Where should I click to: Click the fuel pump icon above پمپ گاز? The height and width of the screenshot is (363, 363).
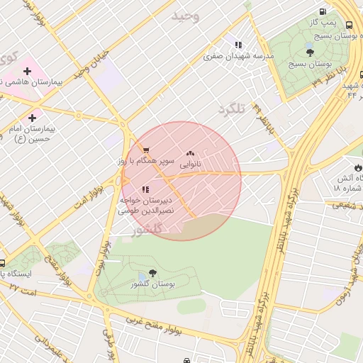pos(323,12)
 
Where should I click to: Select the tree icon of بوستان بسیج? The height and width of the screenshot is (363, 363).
pos(310,52)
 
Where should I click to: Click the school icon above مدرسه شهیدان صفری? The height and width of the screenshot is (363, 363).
pos(238,44)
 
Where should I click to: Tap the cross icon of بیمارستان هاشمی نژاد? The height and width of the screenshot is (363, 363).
pos(27,71)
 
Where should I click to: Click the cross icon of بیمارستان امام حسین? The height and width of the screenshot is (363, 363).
pos(32,117)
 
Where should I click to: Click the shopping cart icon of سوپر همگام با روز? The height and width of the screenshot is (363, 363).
pos(145,150)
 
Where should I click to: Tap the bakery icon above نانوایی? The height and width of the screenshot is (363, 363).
pos(189,153)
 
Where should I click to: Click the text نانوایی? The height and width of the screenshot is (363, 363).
pos(189,164)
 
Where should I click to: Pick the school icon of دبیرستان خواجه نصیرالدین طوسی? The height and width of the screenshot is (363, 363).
pos(145,189)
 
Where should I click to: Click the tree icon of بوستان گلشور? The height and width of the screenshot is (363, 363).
pos(153,273)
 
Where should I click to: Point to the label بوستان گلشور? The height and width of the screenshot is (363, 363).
pos(153,285)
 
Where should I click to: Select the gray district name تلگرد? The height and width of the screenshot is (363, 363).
pos(231,108)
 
